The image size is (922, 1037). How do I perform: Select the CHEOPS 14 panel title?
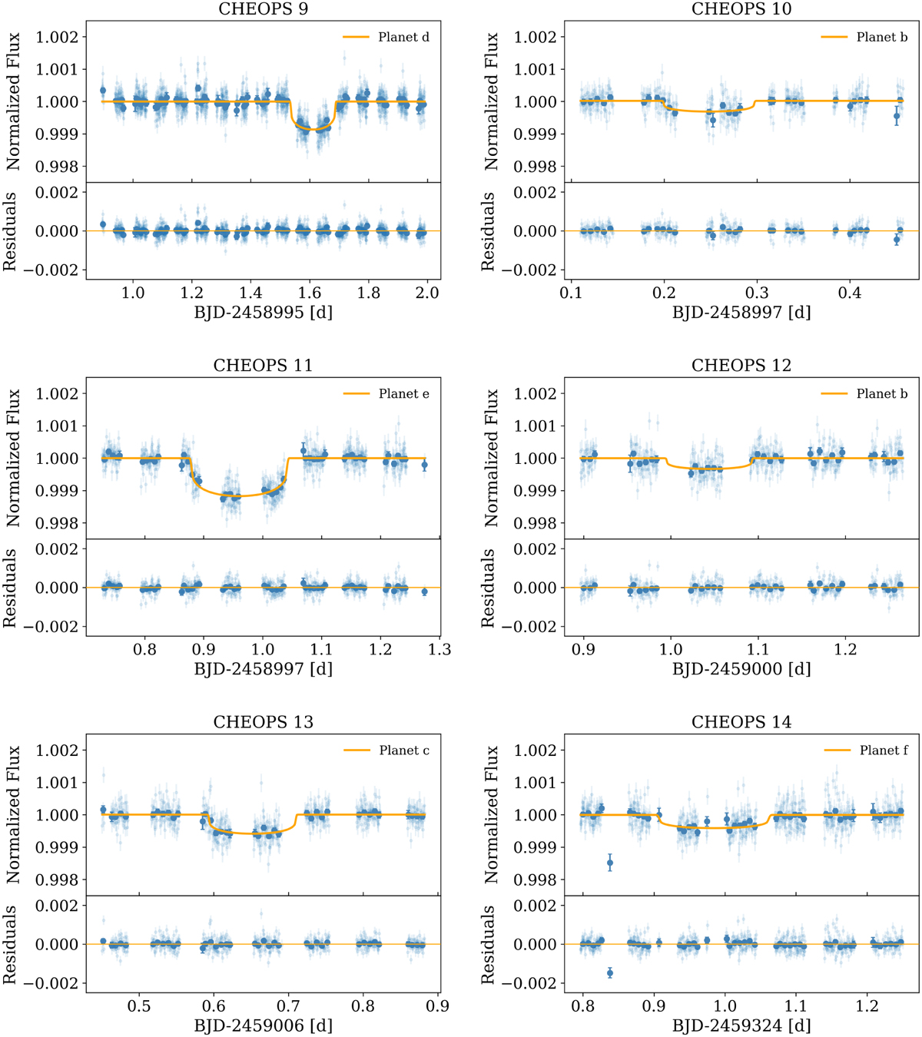741,722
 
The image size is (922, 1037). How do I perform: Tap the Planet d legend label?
403,37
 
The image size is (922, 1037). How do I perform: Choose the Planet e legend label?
403,393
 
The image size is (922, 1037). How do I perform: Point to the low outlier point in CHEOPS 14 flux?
610,863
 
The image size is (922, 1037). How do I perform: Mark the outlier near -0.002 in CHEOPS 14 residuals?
610,973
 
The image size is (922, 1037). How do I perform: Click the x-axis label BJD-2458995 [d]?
263,313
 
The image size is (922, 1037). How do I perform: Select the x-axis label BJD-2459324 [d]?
741,1025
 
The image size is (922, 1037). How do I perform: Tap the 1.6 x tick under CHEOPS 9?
310,293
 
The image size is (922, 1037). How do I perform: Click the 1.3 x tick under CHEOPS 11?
439,649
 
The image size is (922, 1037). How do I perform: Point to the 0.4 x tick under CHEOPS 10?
850,293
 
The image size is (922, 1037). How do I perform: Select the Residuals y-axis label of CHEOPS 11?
10,588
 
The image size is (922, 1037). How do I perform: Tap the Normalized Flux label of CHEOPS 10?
492,101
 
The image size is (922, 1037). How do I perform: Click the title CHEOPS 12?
741,366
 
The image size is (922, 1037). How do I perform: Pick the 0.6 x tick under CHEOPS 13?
214,1006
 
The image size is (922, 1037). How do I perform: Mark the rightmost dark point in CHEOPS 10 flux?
897,117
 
